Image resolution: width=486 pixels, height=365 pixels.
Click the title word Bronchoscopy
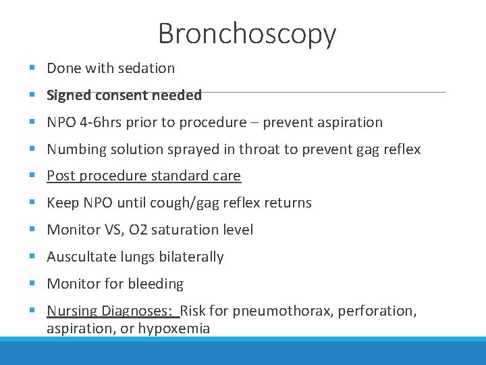(247, 34)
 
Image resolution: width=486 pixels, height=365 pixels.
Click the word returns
(287, 203)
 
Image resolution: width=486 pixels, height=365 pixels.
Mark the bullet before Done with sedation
(32, 68)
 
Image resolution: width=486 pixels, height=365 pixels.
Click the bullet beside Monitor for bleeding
(32, 284)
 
